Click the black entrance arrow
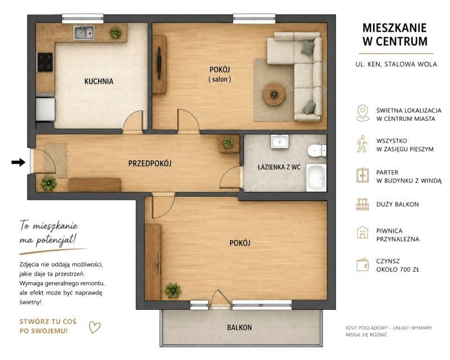[x=19, y=162]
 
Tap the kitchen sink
[x=83, y=33]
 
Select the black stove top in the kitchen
[x=46, y=62]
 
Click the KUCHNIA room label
[x=99, y=81]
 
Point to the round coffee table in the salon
[x=274, y=94]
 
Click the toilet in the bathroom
[x=317, y=150]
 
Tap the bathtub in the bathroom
[x=317, y=178]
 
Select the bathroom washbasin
[x=280, y=142]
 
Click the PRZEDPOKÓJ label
[x=150, y=163]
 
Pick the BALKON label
[x=240, y=327]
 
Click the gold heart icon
[x=94, y=327]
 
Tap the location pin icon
[x=363, y=113]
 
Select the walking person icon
[x=362, y=144]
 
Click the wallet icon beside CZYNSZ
[x=363, y=265]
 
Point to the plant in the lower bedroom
[x=173, y=290]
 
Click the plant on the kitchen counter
[x=116, y=33]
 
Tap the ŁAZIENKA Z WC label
[x=279, y=167]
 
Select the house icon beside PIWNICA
[x=363, y=232]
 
